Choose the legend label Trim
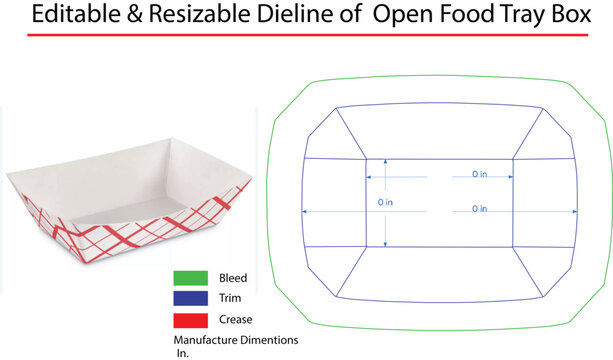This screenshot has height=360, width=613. (x=229, y=298)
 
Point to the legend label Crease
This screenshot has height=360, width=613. (x=235, y=320)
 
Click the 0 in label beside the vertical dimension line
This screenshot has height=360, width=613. (x=385, y=202)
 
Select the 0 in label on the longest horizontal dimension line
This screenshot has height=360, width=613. (x=480, y=209)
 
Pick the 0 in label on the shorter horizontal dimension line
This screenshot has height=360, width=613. (x=480, y=174)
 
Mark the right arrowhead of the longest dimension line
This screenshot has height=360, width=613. (x=577, y=211)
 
